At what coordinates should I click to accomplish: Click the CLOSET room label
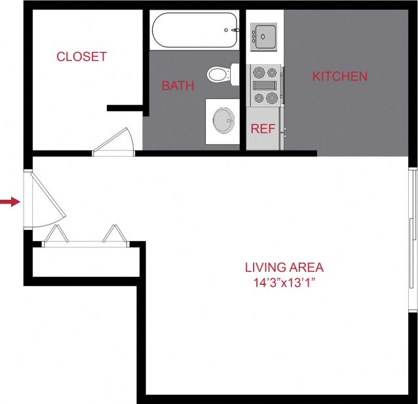pyautogui.click(x=81, y=56)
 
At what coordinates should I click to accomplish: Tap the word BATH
pyautogui.click(x=178, y=86)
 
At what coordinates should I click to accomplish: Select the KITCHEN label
pyautogui.click(x=339, y=77)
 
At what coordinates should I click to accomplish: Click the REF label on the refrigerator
pyautogui.click(x=263, y=129)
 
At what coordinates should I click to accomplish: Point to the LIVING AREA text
pyautogui.click(x=284, y=267)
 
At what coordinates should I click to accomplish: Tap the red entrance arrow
pyautogui.click(x=9, y=202)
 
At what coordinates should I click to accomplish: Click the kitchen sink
pyautogui.click(x=265, y=35)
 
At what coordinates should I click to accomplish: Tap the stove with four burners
pyautogui.click(x=265, y=85)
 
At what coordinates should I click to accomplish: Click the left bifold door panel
pyautogui.click(x=55, y=235)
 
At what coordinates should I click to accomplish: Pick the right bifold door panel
pyautogui.click(x=115, y=234)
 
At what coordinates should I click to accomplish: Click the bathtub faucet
pyautogui.click(x=231, y=30)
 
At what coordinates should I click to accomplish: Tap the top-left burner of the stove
pyautogui.click(x=257, y=72)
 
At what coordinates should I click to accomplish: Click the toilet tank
pyautogui.click(x=233, y=73)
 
